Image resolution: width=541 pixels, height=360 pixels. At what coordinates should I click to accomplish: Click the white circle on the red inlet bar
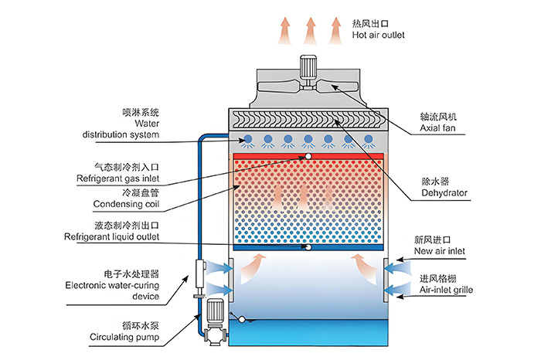[x=308, y=157]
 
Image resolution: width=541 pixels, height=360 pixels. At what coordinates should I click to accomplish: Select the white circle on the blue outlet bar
[x=308, y=247]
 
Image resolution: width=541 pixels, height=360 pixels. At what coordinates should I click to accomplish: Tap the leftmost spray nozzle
[x=248, y=141]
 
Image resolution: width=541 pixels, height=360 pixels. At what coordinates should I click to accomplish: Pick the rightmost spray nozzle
[x=369, y=141]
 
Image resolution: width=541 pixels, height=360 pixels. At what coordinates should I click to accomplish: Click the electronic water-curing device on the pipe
[x=198, y=273]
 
